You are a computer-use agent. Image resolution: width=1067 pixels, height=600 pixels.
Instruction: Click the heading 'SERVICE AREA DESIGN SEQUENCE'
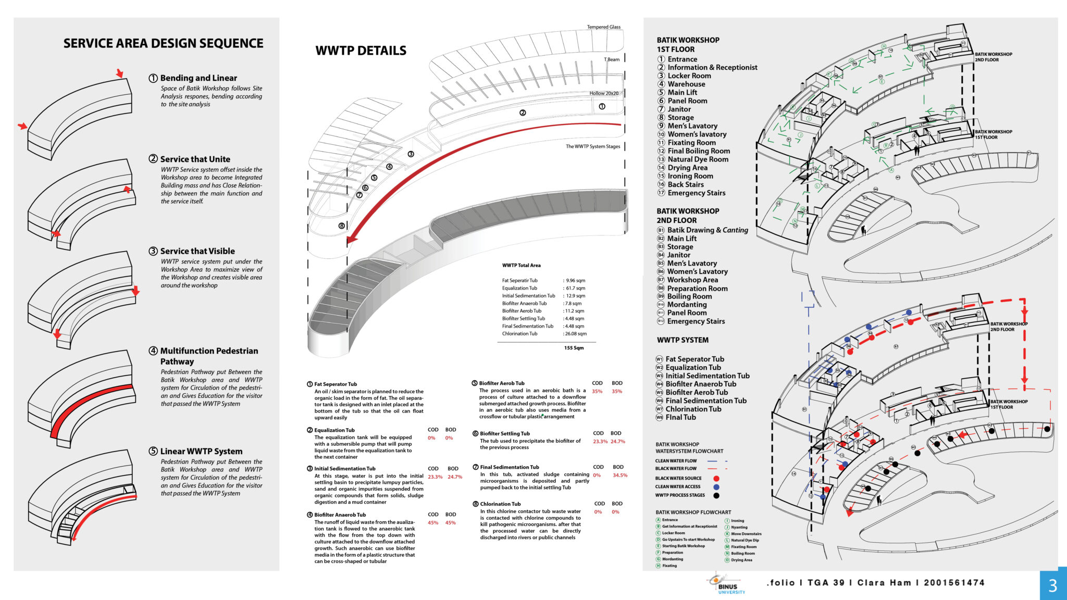point(163,43)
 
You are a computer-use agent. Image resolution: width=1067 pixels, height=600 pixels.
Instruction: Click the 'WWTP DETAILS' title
point(361,51)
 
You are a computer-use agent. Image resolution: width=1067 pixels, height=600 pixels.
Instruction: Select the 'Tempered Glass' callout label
point(603,27)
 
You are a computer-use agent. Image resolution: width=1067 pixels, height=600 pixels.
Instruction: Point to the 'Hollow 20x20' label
point(603,93)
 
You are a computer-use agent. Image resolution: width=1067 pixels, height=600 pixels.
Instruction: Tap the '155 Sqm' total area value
point(574,348)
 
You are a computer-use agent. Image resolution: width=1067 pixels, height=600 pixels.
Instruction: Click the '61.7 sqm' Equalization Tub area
point(575,288)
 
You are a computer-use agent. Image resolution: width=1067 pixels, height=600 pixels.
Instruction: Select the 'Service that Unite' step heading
point(195,159)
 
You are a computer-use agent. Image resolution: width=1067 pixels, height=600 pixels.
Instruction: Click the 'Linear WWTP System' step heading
point(201,452)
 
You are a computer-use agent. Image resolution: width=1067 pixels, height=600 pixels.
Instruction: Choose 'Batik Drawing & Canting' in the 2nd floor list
point(707,230)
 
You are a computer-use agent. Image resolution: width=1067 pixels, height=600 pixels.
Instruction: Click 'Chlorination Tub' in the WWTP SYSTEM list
point(693,409)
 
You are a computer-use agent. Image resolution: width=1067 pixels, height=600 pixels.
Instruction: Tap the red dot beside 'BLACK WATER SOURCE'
point(716,478)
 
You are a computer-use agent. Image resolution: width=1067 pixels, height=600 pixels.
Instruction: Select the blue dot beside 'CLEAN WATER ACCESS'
point(716,487)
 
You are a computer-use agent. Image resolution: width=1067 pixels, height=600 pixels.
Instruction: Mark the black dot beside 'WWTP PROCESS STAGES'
point(716,495)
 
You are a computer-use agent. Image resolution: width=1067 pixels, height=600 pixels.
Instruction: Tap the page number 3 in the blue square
point(1053,586)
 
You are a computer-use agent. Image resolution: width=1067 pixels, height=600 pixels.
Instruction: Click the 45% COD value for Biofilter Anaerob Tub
point(433,523)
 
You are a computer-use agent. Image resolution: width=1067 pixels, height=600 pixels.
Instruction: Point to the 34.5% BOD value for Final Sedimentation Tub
point(619,476)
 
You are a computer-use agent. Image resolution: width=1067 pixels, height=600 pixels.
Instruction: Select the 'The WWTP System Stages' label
point(593,146)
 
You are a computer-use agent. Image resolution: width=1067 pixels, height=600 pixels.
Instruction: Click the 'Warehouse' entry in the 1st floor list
point(686,84)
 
